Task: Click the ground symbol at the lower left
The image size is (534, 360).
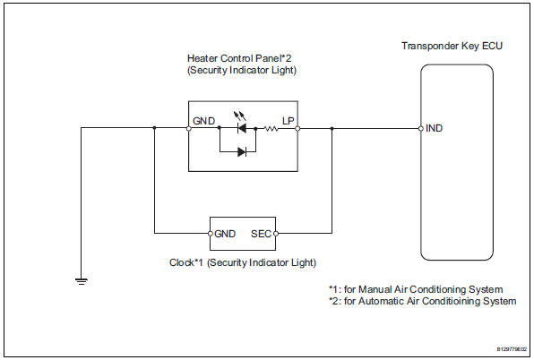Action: [x=81, y=280]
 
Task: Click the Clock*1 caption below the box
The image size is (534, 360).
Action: [x=243, y=261]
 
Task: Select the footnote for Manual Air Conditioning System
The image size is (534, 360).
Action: [x=415, y=288]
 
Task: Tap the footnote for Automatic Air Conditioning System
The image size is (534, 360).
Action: [x=421, y=301]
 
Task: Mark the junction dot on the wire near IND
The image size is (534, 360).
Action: [x=332, y=128]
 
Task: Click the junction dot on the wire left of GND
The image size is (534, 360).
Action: [x=154, y=128]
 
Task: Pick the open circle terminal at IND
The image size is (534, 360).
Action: [x=421, y=128]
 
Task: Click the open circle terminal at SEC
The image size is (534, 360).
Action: [x=277, y=233]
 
